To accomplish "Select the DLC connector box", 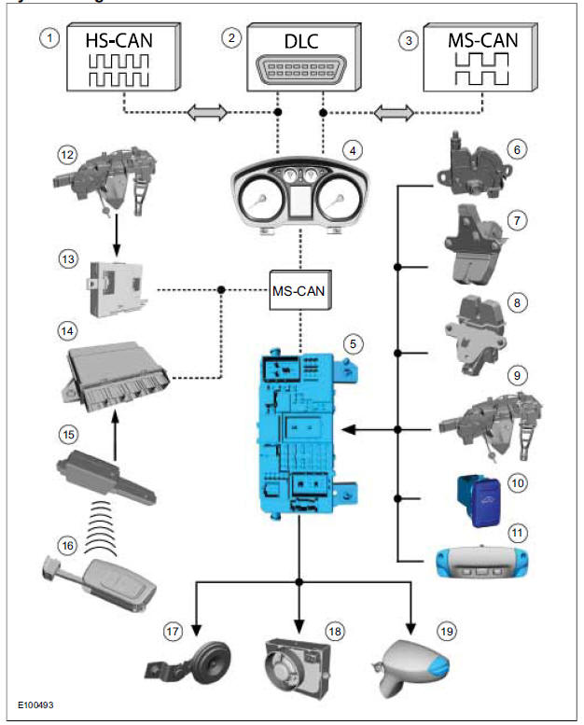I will click(299, 59).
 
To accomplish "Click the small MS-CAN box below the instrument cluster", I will click(299, 291).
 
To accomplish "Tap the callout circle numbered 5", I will click(352, 343).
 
